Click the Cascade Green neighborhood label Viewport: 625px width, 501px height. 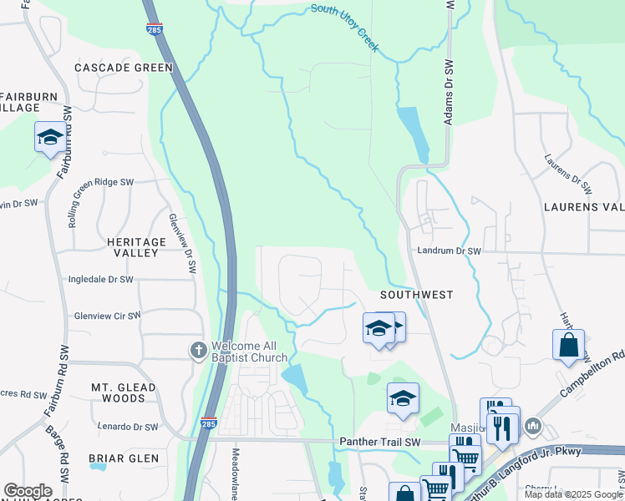[x=123, y=68]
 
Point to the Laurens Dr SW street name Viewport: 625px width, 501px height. [x=567, y=174]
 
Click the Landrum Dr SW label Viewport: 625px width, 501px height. [x=450, y=250]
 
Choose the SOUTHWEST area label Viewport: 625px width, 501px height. [x=416, y=295]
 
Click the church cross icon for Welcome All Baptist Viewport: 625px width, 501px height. [x=198, y=350]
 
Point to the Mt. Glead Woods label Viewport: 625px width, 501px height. [x=123, y=392]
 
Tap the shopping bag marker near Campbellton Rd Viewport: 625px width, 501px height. [x=567, y=345]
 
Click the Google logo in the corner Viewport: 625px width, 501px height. [x=28, y=491]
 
